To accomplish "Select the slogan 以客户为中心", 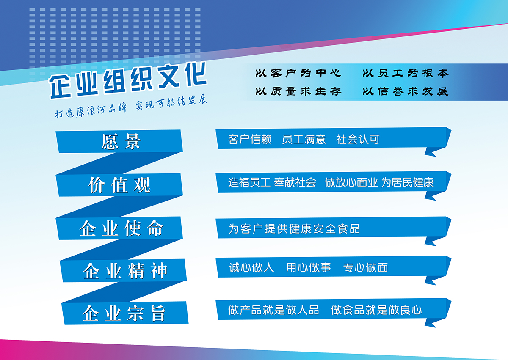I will tap(298, 73).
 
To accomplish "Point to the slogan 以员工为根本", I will tap(405, 73).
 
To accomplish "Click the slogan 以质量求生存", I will tap(298, 91).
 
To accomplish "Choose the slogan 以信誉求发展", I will tap(405, 91).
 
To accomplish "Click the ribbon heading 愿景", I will tap(121, 141).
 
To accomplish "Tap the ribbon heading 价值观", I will tap(119, 185).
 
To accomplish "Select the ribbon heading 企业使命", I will tap(121, 228).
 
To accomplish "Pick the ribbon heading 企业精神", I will tap(125, 271).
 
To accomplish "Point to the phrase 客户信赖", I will tap(250, 139).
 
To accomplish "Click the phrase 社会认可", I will tap(358, 139).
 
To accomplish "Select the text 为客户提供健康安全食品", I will tap(294, 229).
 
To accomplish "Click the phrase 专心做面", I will tap(365, 267).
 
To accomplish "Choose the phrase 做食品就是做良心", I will tap(376, 310).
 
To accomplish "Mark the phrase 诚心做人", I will tap(251, 267).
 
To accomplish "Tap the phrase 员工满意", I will tap(304, 139).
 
